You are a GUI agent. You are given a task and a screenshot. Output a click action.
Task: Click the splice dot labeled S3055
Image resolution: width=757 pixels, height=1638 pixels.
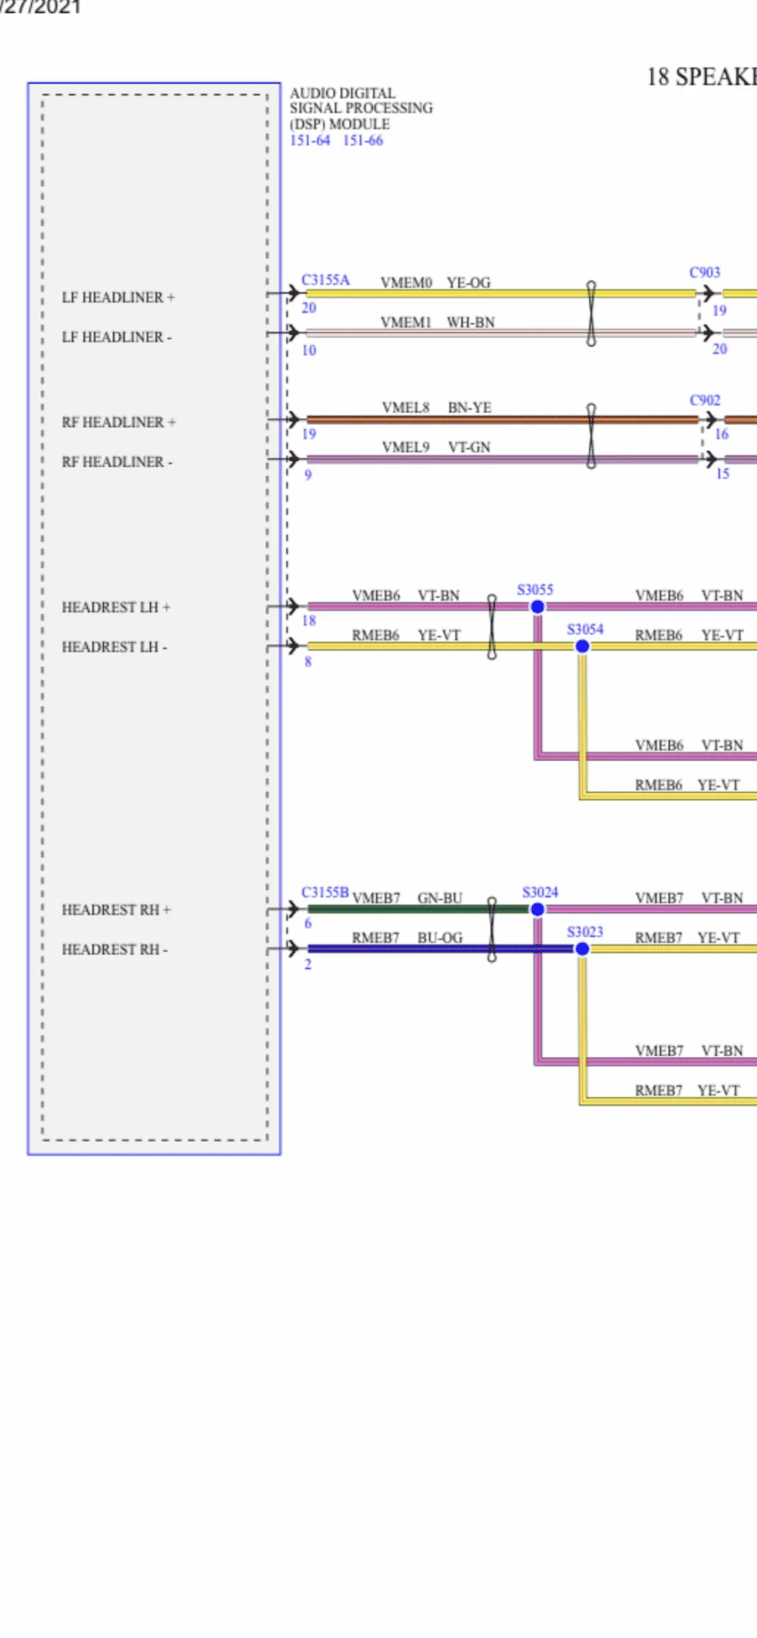point(537,607)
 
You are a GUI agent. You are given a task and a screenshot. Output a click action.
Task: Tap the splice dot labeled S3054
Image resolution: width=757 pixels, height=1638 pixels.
point(582,646)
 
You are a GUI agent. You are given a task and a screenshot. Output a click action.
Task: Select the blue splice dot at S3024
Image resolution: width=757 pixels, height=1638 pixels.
point(537,910)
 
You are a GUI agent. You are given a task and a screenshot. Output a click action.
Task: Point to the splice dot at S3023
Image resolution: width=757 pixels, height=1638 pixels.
point(582,949)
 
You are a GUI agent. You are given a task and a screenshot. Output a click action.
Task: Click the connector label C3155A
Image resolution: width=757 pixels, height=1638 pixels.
point(325,280)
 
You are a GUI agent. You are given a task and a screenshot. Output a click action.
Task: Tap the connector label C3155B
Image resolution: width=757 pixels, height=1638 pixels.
point(325,892)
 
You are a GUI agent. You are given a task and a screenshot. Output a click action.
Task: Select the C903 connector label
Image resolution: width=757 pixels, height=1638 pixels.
point(704,272)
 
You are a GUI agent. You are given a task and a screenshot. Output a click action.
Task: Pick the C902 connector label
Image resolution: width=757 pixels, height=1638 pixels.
point(704,400)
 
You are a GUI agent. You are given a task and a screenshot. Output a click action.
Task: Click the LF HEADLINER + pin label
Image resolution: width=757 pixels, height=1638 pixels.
point(118,297)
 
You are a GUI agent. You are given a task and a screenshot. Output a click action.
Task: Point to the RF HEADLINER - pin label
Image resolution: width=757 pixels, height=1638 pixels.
point(117,462)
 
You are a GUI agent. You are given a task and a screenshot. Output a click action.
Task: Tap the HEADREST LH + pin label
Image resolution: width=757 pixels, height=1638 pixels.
point(116,608)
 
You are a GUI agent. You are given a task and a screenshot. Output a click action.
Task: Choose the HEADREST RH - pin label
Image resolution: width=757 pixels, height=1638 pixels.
point(115,950)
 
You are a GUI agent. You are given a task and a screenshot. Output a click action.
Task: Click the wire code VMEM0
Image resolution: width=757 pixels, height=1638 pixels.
point(406,283)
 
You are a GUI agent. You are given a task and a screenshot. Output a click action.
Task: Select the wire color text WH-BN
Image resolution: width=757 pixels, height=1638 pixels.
point(471,322)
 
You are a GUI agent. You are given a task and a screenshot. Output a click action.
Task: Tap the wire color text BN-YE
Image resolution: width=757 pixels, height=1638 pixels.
point(470,408)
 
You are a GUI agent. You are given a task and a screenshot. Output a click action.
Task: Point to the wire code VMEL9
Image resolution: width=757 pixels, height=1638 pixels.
point(405,447)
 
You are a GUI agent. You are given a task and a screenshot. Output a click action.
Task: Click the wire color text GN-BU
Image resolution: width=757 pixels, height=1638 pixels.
point(440,898)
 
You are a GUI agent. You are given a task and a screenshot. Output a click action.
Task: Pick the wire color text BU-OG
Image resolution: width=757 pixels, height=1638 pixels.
point(440,938)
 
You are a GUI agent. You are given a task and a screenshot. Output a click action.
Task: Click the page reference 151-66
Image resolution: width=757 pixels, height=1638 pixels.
point(363,141)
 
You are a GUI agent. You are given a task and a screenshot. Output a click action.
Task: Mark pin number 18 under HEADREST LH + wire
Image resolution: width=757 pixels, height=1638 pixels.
point(309,621)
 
